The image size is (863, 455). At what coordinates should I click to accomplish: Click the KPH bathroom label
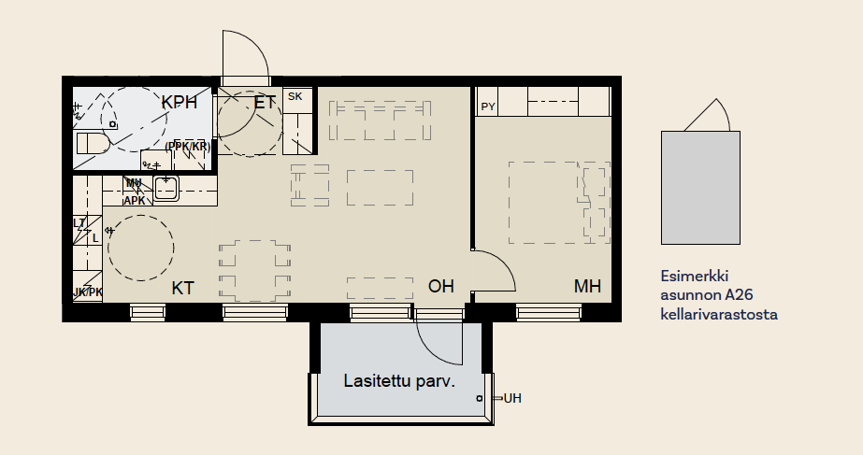click(179, 103)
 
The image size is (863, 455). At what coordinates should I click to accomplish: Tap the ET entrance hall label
click(265, 103)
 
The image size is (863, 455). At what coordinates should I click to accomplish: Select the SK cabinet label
click(295, 96)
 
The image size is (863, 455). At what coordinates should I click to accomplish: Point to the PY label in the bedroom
click(488, 107)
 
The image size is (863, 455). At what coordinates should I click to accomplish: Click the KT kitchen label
click(182, 289)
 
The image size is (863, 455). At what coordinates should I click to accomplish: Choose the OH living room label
click(441, 286)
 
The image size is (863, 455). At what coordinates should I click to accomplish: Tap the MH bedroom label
click(587, 286)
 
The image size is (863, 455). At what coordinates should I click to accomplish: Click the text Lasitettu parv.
click(399, 381)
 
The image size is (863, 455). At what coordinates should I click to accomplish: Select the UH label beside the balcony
click(512, 398)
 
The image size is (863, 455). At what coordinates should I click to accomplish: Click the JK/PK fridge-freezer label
click(88, 292)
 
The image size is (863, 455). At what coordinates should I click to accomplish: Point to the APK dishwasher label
click(135, 201)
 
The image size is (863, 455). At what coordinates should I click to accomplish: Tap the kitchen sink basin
click(165, 189)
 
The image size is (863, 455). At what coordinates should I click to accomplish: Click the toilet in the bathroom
click(93, 144)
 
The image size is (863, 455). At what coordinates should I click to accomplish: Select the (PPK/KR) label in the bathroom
click(188, 147)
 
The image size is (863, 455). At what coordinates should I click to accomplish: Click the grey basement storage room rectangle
click(700, 188)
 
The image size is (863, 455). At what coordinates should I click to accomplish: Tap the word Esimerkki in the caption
click(694, 276)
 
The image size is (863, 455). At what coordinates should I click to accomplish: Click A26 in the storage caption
click(739, 295)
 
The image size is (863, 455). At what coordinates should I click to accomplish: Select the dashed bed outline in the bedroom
click(559, 203)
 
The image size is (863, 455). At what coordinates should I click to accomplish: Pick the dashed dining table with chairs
click(254, 271)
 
